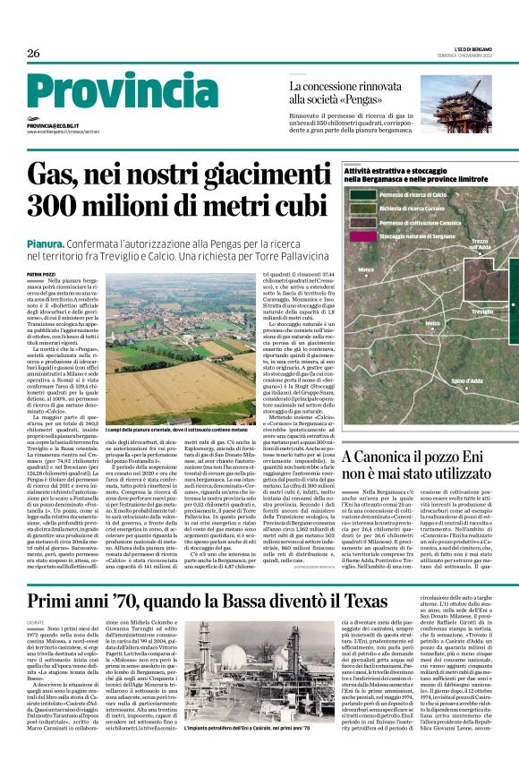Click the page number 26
click(34, 53)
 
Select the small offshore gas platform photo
click(469, 98)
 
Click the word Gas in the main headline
click(55, 173)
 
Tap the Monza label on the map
click(365, 269)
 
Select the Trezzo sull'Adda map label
click(479, 243)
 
